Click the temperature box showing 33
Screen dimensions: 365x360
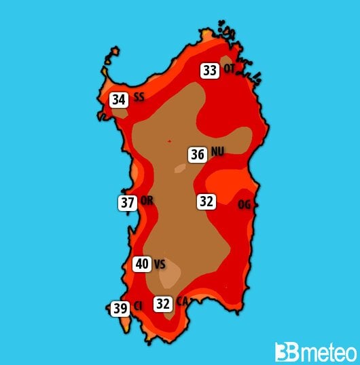[209, 70]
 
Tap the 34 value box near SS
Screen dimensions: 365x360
[119, 100]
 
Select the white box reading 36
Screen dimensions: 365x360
[198, 155]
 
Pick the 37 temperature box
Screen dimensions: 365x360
[128, 202]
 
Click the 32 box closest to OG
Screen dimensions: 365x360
[206, 201]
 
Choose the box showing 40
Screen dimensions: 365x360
[142, 264]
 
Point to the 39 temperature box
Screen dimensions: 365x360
[121, 309]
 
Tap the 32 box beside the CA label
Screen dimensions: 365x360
[163, 304]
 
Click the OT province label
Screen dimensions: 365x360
[229, 68]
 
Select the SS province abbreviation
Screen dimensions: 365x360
[139, 98]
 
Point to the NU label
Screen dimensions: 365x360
[217, 152]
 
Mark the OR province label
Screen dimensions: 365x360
[147, 201]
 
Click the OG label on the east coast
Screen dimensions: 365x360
[245, 204]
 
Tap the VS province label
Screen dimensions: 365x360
[160, 264]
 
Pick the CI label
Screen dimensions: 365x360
[138, 307]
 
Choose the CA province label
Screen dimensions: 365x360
[182, 301]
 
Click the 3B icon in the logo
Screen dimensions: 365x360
[285, 352]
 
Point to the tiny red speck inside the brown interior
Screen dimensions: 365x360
[169, 141]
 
